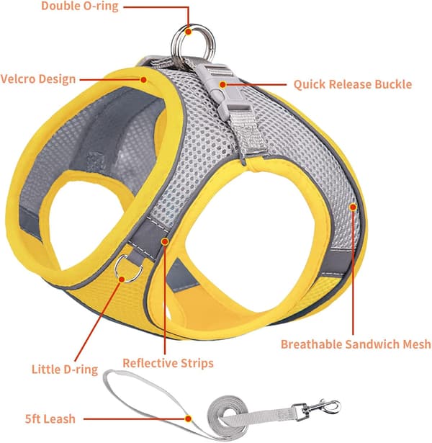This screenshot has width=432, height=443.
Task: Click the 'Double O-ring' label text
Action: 80,6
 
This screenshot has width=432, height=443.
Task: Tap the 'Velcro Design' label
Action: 38,79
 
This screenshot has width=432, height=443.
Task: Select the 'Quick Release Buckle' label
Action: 353,84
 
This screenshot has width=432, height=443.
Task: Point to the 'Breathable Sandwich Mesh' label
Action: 356,344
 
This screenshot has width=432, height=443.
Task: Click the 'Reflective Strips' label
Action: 168,363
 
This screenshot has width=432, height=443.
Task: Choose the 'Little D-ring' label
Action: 65,370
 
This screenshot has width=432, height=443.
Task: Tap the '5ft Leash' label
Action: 50,419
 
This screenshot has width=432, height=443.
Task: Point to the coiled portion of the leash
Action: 229,417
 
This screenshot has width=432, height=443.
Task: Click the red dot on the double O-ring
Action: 189,31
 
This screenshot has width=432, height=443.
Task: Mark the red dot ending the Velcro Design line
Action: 143,80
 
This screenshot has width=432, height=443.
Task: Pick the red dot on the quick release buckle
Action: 222,84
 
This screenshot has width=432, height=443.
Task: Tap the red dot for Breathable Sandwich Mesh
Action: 353,207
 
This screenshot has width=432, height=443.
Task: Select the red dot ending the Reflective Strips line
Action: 165,241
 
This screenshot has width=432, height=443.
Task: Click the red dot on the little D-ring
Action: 122,279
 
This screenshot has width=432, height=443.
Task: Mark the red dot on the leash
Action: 189,419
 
